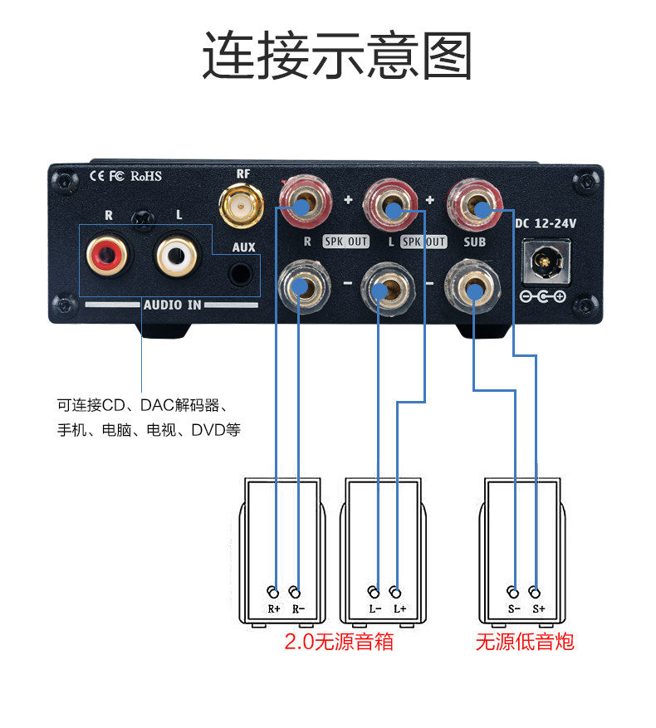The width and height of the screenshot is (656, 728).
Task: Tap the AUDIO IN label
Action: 173,305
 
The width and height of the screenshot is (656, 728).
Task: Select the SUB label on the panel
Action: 475,242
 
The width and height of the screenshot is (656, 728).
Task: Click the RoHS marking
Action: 145,176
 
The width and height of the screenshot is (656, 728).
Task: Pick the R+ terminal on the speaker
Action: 273,592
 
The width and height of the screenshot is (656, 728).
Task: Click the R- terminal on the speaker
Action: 296,592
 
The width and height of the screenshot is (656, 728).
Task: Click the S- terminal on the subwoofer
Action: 514,592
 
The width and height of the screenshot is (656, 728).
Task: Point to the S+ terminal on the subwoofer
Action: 536,592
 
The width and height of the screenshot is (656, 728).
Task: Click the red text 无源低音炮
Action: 524,641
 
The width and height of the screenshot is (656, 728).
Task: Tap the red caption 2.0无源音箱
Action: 338,641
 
